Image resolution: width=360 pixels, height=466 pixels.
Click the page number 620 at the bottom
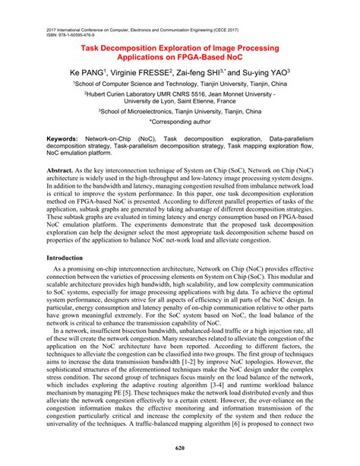(180, 449)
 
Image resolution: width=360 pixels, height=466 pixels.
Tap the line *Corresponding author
(180, 121)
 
